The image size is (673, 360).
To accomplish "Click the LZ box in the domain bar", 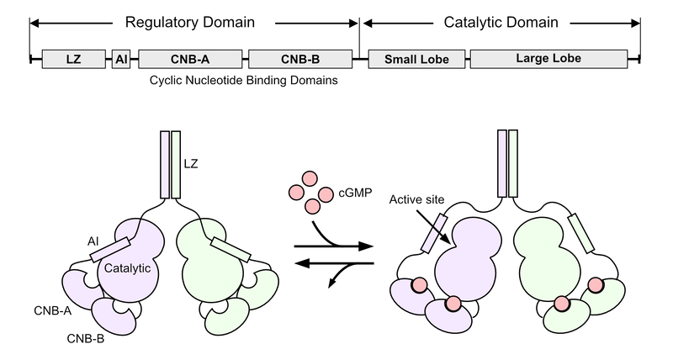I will click(x=73, y=59).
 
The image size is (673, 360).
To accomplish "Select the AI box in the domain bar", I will click(x=121, y=59).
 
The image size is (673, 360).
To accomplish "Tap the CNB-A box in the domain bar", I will click(x=191, y=59).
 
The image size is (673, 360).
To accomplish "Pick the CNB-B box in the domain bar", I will click(x=300, y=59).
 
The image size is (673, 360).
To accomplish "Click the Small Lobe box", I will click(x=415, y=59).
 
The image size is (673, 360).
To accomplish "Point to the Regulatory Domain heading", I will click(x=192, y=21).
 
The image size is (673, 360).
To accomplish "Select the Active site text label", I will click(x=418, y=202).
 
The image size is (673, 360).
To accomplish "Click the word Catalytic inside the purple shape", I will click(x=128, y=268).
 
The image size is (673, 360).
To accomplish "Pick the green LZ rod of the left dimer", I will click(x=175, y=165).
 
